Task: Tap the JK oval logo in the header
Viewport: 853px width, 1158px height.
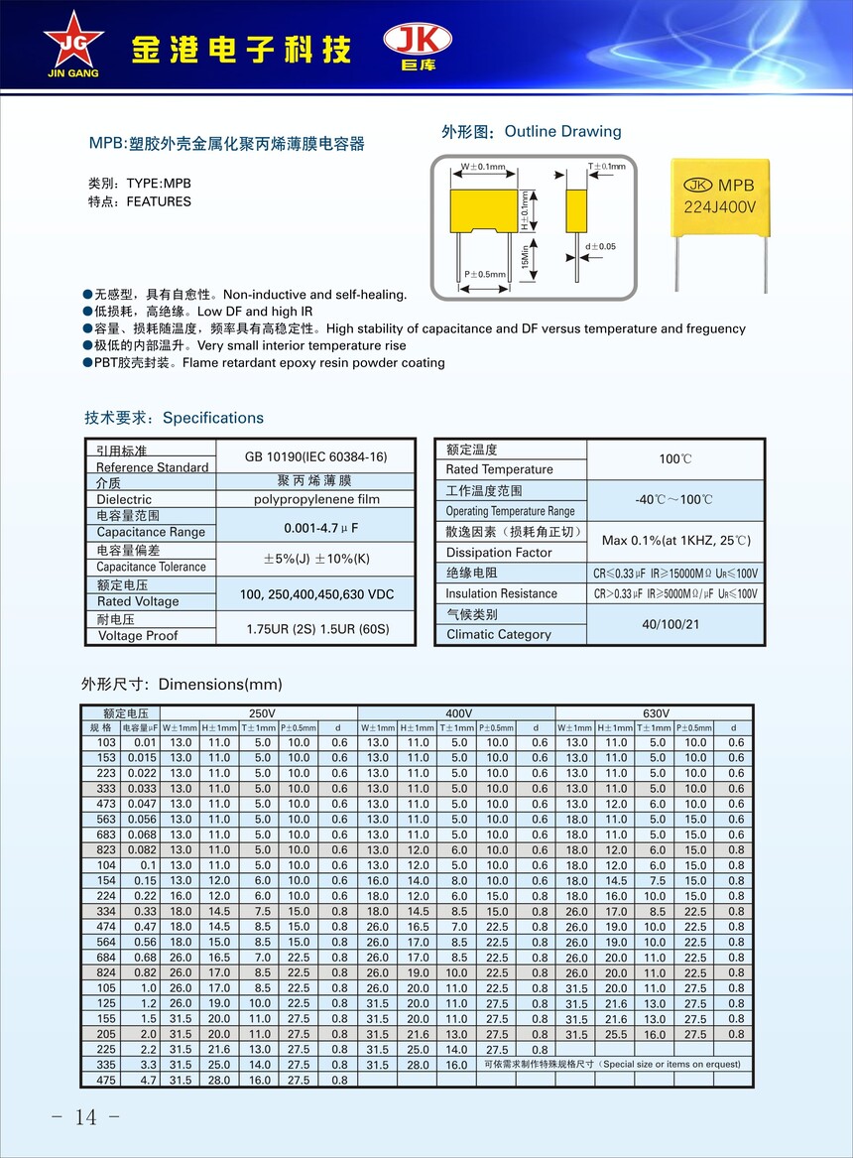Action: pos(418,40)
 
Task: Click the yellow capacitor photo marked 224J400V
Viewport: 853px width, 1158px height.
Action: pos(719,194)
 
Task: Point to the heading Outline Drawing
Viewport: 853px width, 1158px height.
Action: pos(562,132)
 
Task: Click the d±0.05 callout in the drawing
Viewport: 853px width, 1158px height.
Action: pos(600,246)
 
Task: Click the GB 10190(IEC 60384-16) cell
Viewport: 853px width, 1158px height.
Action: pos(315,457)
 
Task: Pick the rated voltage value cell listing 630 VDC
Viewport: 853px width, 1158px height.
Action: pos(315,593)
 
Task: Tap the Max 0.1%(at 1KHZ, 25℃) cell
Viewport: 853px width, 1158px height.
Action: pos(675,542)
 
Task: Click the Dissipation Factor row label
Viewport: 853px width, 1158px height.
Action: pos(499,553)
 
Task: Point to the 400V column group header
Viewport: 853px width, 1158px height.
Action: pos(457,712)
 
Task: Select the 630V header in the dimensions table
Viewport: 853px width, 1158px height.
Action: pos(656,712)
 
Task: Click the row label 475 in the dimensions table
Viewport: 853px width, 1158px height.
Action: pos(106,1080)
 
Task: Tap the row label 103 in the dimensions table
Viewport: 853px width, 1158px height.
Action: pos(106,742)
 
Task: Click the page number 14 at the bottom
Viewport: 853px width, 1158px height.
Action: pos(85,1117)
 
